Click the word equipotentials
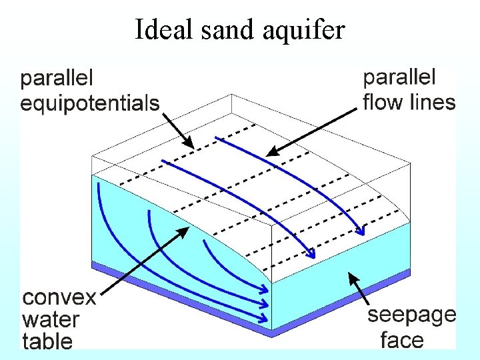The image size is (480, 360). tap(90, 103)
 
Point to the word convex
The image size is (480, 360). tap(59, 298)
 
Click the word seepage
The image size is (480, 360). tap(412, 315)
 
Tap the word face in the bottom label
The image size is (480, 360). tap(402, 340)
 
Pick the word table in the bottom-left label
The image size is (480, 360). tap(47, 341)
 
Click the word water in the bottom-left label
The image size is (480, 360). tap(51, 319)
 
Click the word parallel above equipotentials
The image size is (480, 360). tap(57, 79)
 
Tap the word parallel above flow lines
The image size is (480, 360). tap(399, 77)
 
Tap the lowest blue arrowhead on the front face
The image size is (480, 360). tap(268, 318)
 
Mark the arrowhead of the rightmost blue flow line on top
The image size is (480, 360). tap(362, 233)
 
